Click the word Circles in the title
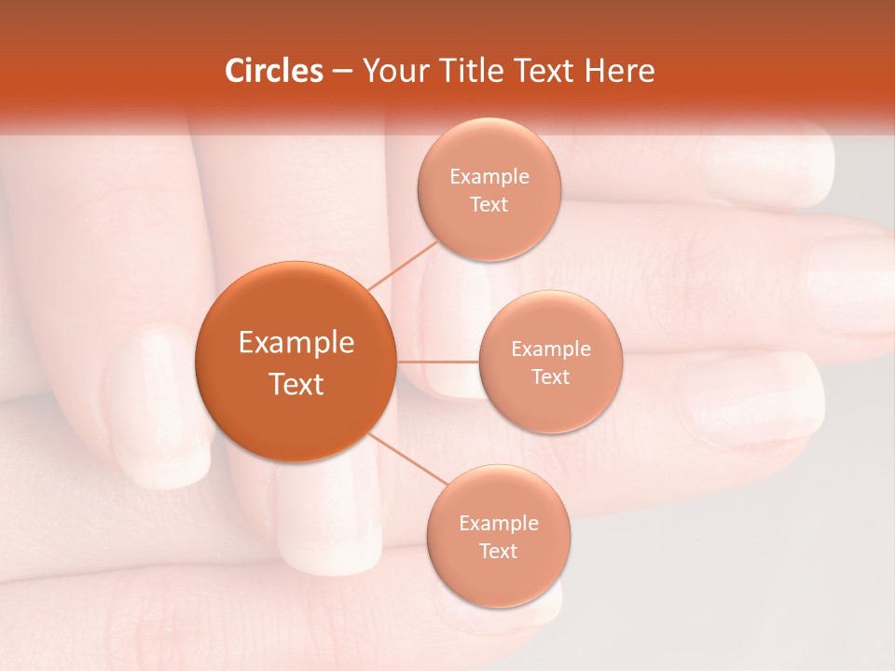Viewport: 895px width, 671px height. click(273, 71)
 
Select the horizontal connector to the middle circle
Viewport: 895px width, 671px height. click(437, 361)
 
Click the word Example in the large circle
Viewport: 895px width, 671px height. click(296, 343)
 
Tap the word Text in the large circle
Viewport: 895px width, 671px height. click(296, 384)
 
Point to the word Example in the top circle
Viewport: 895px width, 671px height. click(489, 177)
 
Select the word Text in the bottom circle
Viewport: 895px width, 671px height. click(498, 551)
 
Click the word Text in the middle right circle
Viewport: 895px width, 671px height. click(550, 377)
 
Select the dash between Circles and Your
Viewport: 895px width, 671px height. click(342, 72)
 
